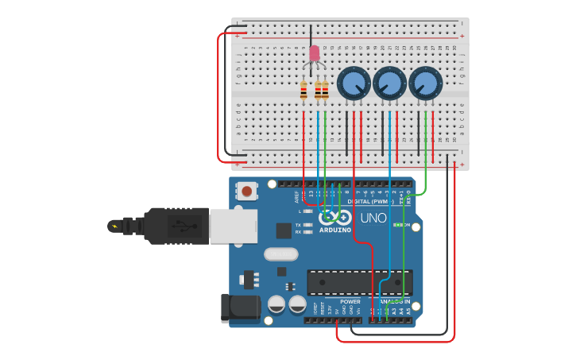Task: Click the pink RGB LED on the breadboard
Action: tap(314, 53)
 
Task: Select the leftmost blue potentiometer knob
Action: tap(354, 83)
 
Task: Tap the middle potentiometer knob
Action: tap(389, 83)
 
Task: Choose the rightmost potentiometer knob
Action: tap(426, 83)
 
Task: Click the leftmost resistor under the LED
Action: tap(303, 91)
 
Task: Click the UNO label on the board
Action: tap(373, 219)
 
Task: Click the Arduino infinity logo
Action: tap(335, 217)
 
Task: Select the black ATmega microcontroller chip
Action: tap(359, 282)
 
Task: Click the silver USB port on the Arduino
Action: tap(233, 226)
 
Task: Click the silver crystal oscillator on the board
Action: tap(280, 254)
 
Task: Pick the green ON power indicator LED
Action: tap(397, 225)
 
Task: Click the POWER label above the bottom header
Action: tap(350, 302)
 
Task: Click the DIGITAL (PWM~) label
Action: tap(381, 201)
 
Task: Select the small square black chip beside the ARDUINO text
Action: tap(284, 230)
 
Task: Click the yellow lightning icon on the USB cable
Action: tap(115, 226)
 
